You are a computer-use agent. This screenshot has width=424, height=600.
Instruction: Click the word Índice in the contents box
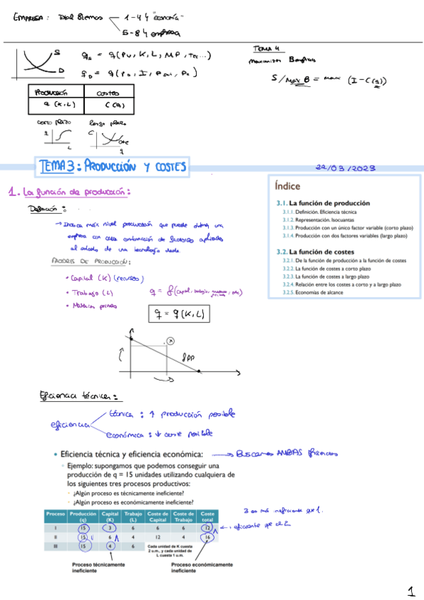287,187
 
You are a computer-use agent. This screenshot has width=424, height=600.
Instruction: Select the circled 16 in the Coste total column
207,538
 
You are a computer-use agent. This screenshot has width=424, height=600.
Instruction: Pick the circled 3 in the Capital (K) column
110,527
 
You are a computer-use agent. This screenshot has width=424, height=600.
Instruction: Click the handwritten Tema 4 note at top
266,49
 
